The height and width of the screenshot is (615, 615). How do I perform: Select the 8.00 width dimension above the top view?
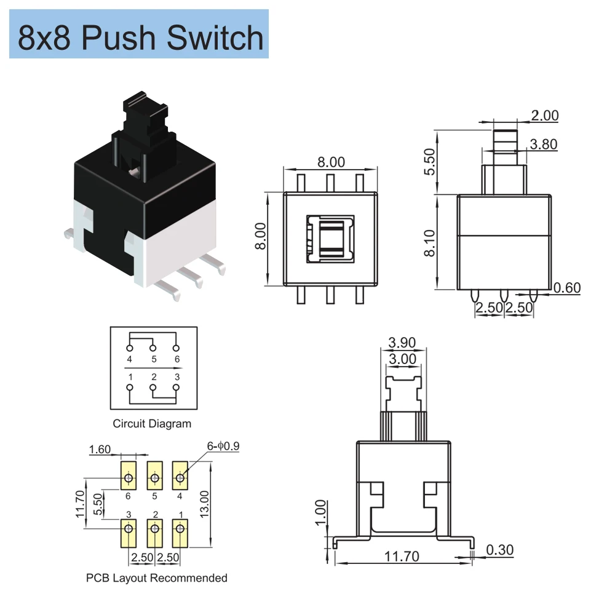pyautogui.click(x=331, y=162)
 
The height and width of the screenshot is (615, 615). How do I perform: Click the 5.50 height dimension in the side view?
pyautogui.click(x=430, y=162)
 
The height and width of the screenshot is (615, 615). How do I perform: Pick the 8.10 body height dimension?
pyautogui.click(x=430, y=243)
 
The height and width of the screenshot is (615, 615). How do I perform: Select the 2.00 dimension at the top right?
pyautogui.click(x=544, y=115)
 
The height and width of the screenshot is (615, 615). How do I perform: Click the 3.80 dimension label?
pyautogui.click(x=544, y=144)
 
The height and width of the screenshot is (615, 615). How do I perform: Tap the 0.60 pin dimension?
pyautogui.click(x=566, y=287)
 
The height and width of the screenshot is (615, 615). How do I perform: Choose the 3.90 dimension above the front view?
pyautogui.click(x=402, y=343)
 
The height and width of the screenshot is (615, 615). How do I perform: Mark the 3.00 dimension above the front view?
pyautogui.click(x=402, y=359)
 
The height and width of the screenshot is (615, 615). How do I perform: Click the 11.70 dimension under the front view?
pyautogui.click(x=402, y=557)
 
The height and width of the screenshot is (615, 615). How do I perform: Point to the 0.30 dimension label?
pyautogui.click(x=499, y=550)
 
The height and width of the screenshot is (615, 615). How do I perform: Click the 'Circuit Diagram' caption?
pyautogui.click(x=152, y=423)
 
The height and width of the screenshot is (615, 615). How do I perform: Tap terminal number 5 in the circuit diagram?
pyautogui.click(x=153, y=359)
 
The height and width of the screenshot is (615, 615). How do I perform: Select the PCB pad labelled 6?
pyautogui.click(x=129, y=478)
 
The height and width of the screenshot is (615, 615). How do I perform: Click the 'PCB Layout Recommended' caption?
pyautogui.click(x=157, y=577)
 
